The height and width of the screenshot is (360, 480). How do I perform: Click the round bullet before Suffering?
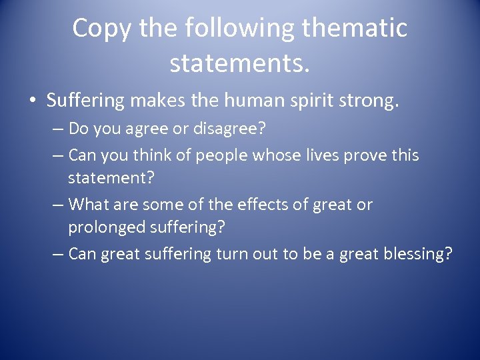[x=33, y=101]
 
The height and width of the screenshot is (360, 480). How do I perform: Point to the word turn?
[x=233, y=254]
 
